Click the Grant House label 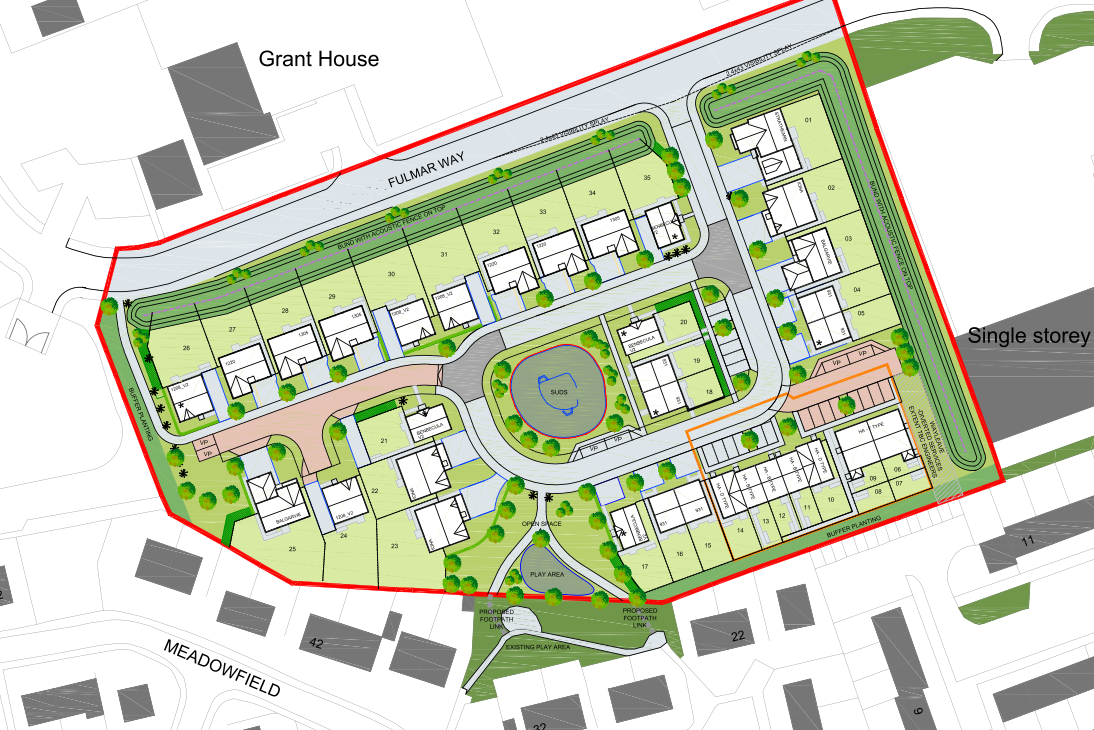pyautogui.click(x=319, y=59)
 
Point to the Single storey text pyautogui.click(x=1028, y=336)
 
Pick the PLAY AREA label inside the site pyautogui.click(x=550, y=575)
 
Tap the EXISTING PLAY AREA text pyautogui.click(x=537, y=648)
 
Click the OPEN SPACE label pyautogui.click(x=540, y=523)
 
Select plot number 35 pyautogui.click(x=648, y=177)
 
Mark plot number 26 pyautogui.click(x=185, y=348)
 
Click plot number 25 pyautogui.click(x=293, y=549)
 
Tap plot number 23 pyautogui.click(x=395, y=546)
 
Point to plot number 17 pyautogui.click(x=645, y=567)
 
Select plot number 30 pyautogui.click(x=391, y=273)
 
